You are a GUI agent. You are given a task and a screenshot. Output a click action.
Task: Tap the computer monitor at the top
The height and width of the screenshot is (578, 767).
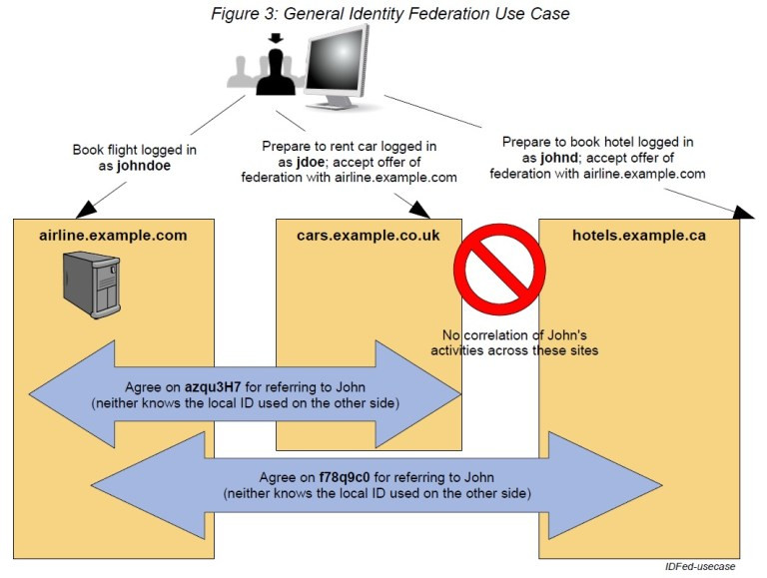tap(338, 63)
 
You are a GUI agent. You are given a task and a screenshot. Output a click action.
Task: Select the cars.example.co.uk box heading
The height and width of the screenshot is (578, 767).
tap(369, 236)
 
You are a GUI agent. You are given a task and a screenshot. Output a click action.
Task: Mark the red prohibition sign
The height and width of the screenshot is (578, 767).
tap(499, 271)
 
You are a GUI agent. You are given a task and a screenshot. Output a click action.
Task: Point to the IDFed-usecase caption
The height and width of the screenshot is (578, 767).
tap(700, 566)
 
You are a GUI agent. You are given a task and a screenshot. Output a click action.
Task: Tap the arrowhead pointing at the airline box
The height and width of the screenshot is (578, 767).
tap(85, 207)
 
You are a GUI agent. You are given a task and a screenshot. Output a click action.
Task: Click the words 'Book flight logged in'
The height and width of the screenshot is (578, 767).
tap(134, 150)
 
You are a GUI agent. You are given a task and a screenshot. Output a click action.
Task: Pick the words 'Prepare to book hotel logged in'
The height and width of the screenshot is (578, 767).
tap(597, 142)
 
